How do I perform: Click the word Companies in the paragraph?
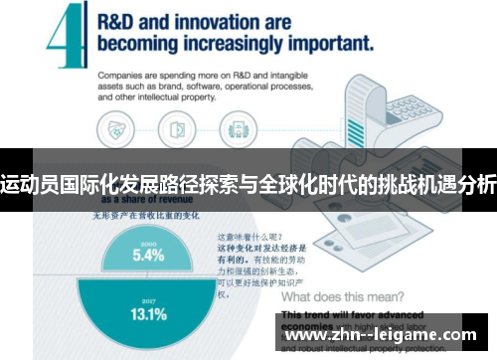pyautogui.click(x=124, y=75)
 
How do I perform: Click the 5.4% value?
pyautogui.click(x=149, y=255)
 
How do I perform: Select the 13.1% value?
pyautogui.click(x=149, y=315)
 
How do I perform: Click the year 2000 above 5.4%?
pyautogui.click(x=149, y=242)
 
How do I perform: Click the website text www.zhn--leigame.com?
pyautogui.click(x=383, y=337)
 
